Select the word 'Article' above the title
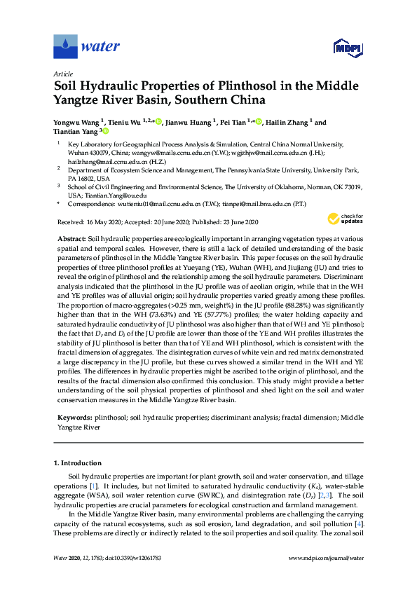pyautogui.click(x=63, y=73)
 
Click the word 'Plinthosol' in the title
pyautogui.click(x=238, y=87)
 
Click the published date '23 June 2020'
pyautogui.click(x=236, y=222)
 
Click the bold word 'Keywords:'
pyautogui.click(x=74, y=417)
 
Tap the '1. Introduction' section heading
pyautogui.click(x=78, y=463)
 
